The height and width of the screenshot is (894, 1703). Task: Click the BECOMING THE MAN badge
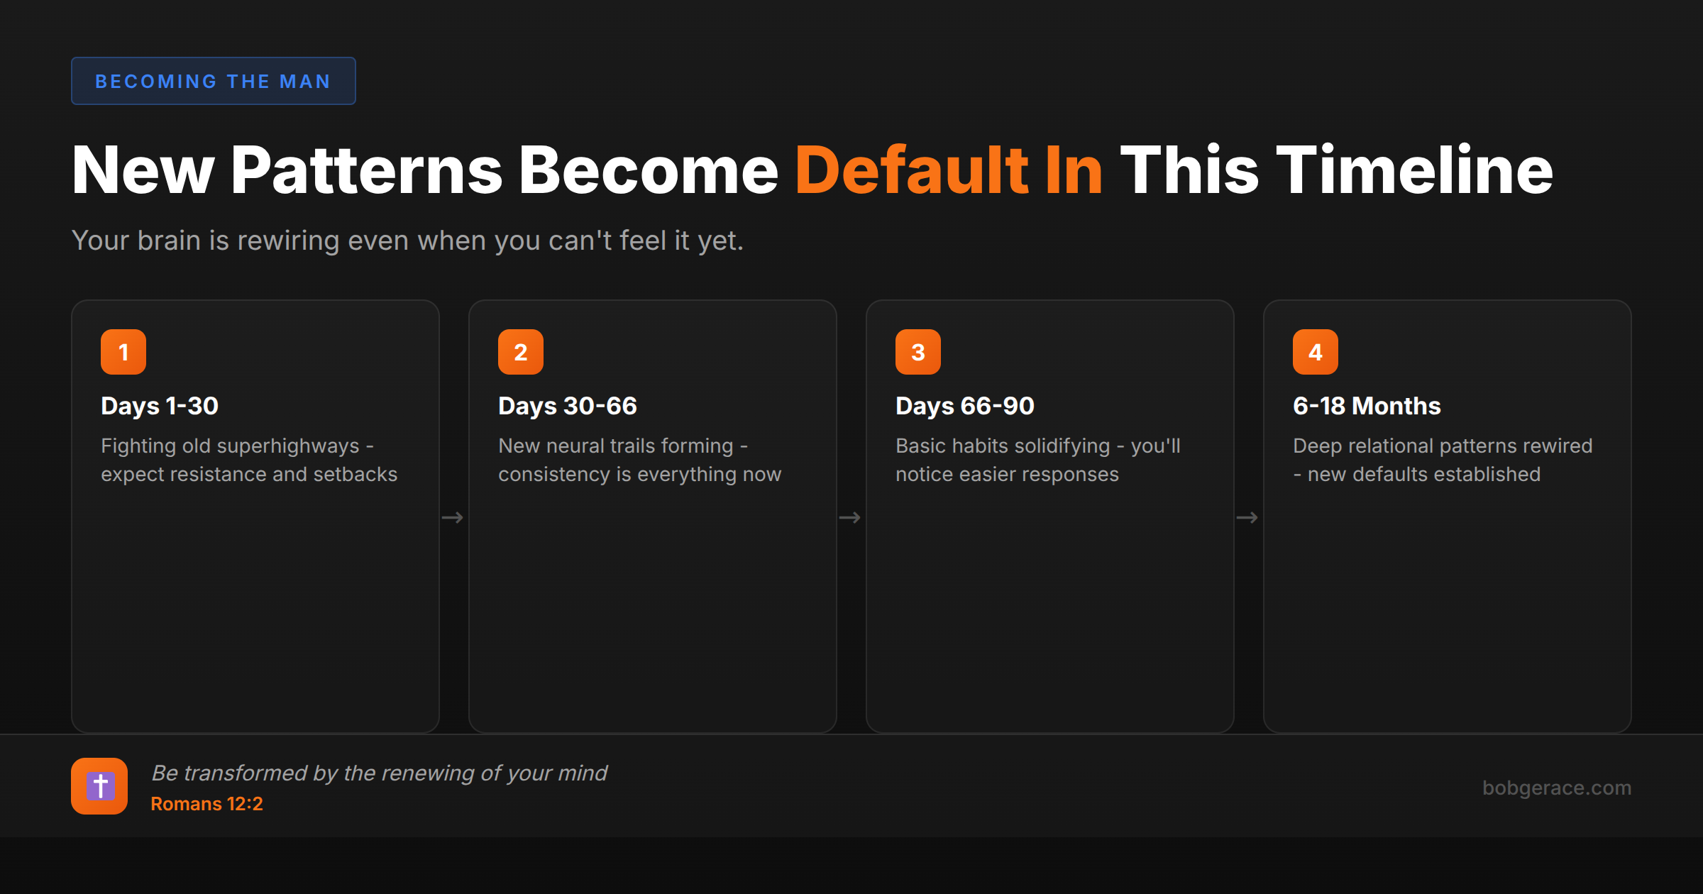point(213,81)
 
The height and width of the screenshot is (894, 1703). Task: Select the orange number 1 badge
point(123,352)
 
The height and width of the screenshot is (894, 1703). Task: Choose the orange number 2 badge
point(521,352)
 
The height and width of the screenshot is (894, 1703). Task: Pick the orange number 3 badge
point(918,352)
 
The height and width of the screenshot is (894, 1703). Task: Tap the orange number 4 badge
point(1316,352)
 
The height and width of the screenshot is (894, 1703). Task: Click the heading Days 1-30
point(160,406)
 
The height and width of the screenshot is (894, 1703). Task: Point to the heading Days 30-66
point(568,406)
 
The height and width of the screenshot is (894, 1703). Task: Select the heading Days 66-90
point(965,406)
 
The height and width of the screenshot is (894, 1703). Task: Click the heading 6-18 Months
point(1367,406)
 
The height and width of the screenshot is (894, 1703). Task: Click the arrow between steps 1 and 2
point(453,518)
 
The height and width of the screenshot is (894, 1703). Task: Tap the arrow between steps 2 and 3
point(850,518)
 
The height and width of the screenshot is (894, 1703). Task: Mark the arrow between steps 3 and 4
point(1247,518)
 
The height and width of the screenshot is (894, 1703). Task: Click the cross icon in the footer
point(99,786)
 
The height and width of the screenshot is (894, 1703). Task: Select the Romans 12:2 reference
point(206,804)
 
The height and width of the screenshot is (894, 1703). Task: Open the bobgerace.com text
point(1557,788)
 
